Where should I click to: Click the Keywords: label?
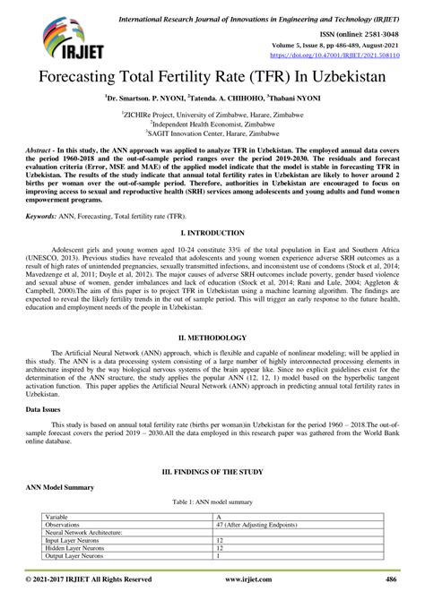(45, 216)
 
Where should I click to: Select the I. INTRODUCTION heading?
(212, 232)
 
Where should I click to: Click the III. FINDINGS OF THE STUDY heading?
(212, 470)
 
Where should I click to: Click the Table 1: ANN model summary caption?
(212, 503)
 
